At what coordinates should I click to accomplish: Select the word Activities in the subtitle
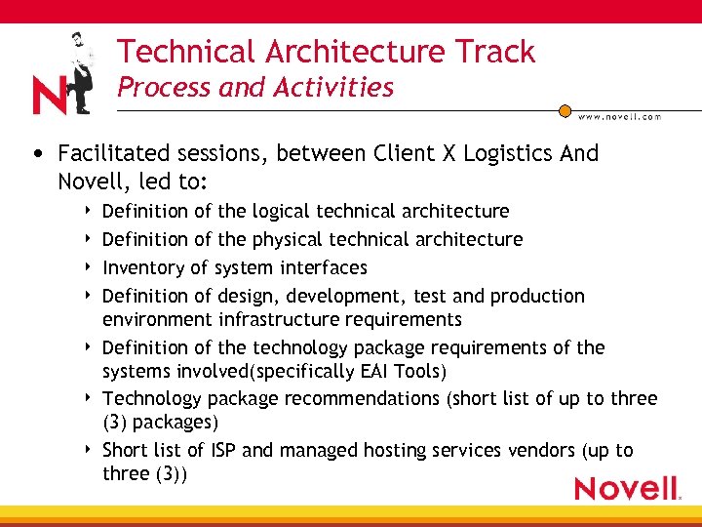pyautogui.click(x=332, y=88)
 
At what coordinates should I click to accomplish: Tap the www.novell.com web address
pyautogui.click(x=619, y=116)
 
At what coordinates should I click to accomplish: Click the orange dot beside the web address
pyautogui.click(x=565, y=111)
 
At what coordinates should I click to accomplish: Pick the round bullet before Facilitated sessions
pyautogui.click(x=36, y=154)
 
